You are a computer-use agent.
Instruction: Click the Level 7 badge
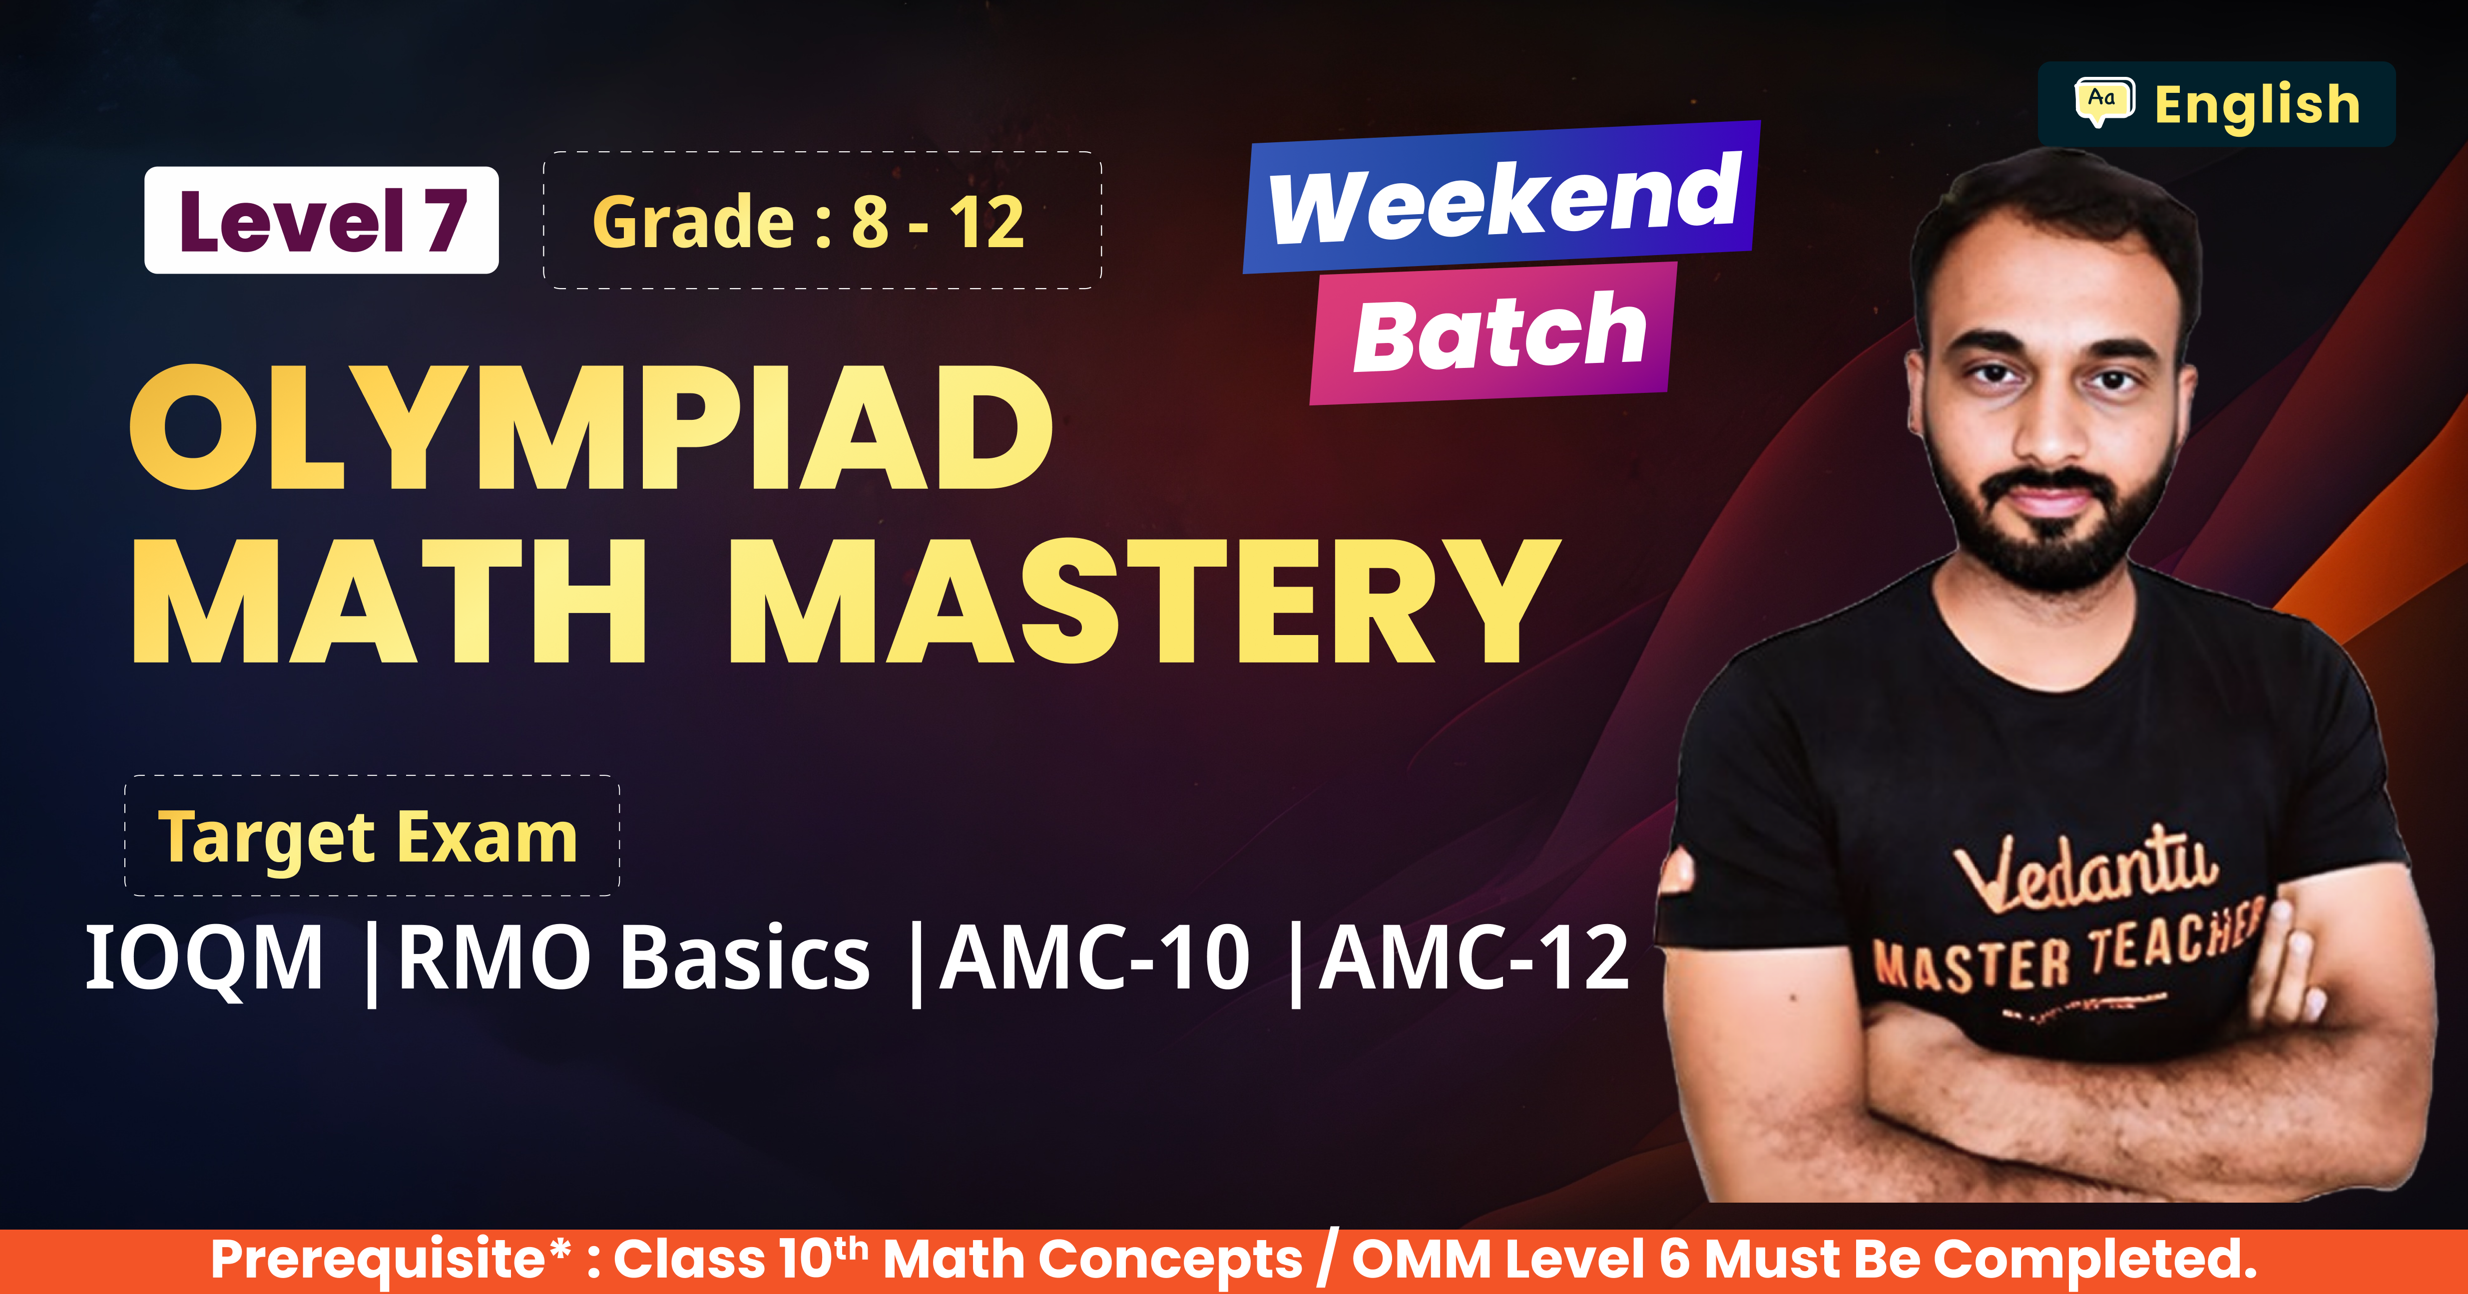[321, 220]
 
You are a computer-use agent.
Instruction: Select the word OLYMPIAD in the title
[591, 427]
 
